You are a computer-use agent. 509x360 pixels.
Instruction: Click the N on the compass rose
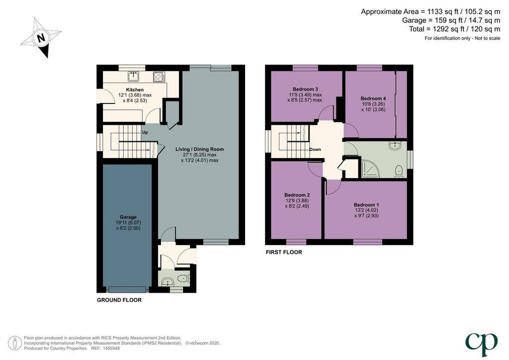coord(41,38)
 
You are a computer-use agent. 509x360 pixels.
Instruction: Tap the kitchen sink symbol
coord(133,76)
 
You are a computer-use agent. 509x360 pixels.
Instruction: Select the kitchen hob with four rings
coord(159,77)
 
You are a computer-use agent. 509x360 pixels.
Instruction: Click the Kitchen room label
coord(135,90)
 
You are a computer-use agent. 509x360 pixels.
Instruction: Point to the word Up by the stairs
coord(145,132)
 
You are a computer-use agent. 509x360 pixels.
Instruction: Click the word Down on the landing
coord(315,149)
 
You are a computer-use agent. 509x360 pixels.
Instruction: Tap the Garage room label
coord(128,217)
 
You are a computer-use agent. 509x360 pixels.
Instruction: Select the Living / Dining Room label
coord(200,149)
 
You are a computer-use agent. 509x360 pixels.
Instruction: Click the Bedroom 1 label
coord(366,205)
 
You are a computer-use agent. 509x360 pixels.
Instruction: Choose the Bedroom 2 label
coord(297,195)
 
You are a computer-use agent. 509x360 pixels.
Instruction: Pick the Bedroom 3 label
coord(305,90)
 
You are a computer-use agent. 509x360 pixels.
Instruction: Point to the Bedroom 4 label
coord(373,98)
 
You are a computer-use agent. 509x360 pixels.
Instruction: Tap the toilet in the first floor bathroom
coord(399,172)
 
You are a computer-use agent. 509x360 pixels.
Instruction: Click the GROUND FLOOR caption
coord(119,300)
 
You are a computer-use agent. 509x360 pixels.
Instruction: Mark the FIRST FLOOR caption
coord(284,252)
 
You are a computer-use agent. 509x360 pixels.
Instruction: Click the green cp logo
coord(481,344)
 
